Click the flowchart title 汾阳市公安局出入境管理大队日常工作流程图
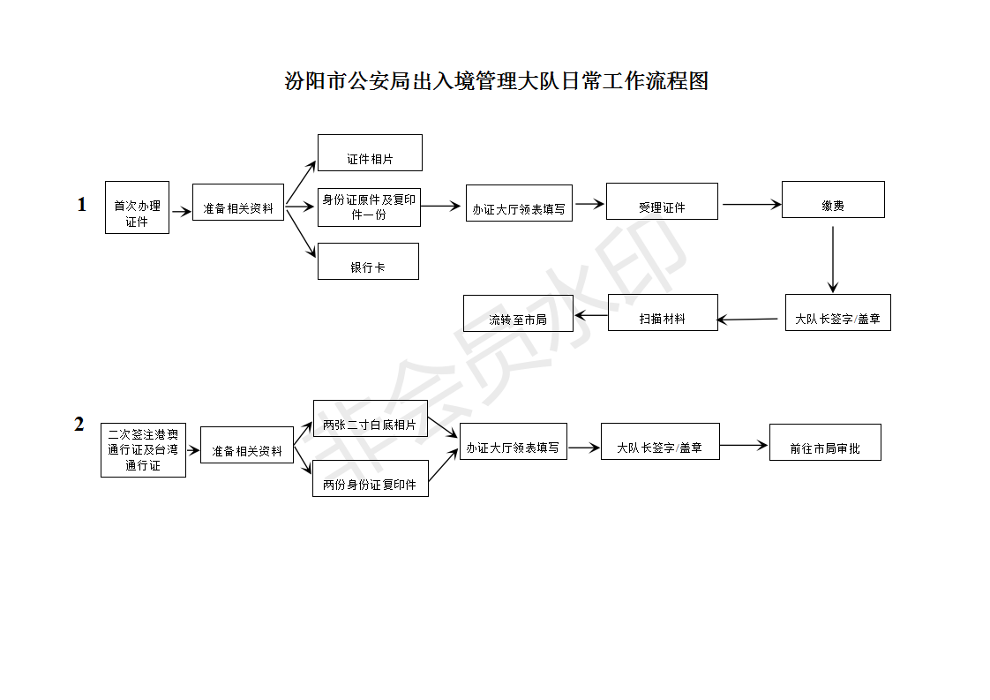point(496,81)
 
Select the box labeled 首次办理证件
point(137,207)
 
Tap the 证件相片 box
point(370,153)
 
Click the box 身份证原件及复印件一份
point(370,207)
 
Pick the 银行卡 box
point(368,261)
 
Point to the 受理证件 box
point(662,201)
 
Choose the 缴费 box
point(833,199)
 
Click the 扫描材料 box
point(663,312)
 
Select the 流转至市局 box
point(518,313)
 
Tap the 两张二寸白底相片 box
point(371,418)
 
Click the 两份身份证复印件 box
point(371,478)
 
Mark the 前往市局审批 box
point(825,442)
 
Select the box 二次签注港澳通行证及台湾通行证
point(143,450)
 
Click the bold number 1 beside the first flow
point(81,204)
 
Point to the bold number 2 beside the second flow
point(79,424)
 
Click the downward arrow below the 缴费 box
point(833,260)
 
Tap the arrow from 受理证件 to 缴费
point(752,204)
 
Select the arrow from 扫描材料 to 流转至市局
point(591,314)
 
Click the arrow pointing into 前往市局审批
point(744,446)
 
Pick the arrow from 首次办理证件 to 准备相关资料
point(181,212)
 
